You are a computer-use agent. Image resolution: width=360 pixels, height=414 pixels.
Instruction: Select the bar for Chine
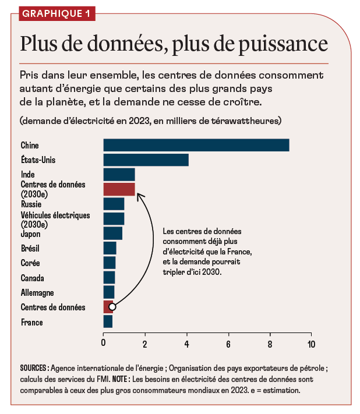coord(196,145)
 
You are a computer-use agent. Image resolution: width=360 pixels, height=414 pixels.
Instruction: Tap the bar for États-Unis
coord(146,160)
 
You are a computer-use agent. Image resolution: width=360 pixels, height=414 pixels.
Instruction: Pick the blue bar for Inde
coord(119,174)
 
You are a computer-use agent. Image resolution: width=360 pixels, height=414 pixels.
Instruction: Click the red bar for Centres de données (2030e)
coord(119,189)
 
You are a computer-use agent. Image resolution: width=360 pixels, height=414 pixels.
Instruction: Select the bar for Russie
coord(114,204)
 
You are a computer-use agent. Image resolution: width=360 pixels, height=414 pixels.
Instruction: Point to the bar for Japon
coord(112,233)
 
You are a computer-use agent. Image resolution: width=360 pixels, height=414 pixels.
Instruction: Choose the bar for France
coord(108,321)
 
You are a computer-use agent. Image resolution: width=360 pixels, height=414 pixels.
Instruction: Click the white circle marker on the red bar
coord(112,307)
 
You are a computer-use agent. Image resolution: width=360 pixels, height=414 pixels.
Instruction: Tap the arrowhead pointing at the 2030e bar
coord(139,196)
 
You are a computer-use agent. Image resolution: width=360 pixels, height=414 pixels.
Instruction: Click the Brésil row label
coord(31,249)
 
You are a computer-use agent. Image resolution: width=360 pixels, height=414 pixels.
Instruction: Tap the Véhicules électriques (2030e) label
coord(55,220)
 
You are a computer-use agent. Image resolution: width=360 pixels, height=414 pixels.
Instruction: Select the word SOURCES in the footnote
coord(33,368)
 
